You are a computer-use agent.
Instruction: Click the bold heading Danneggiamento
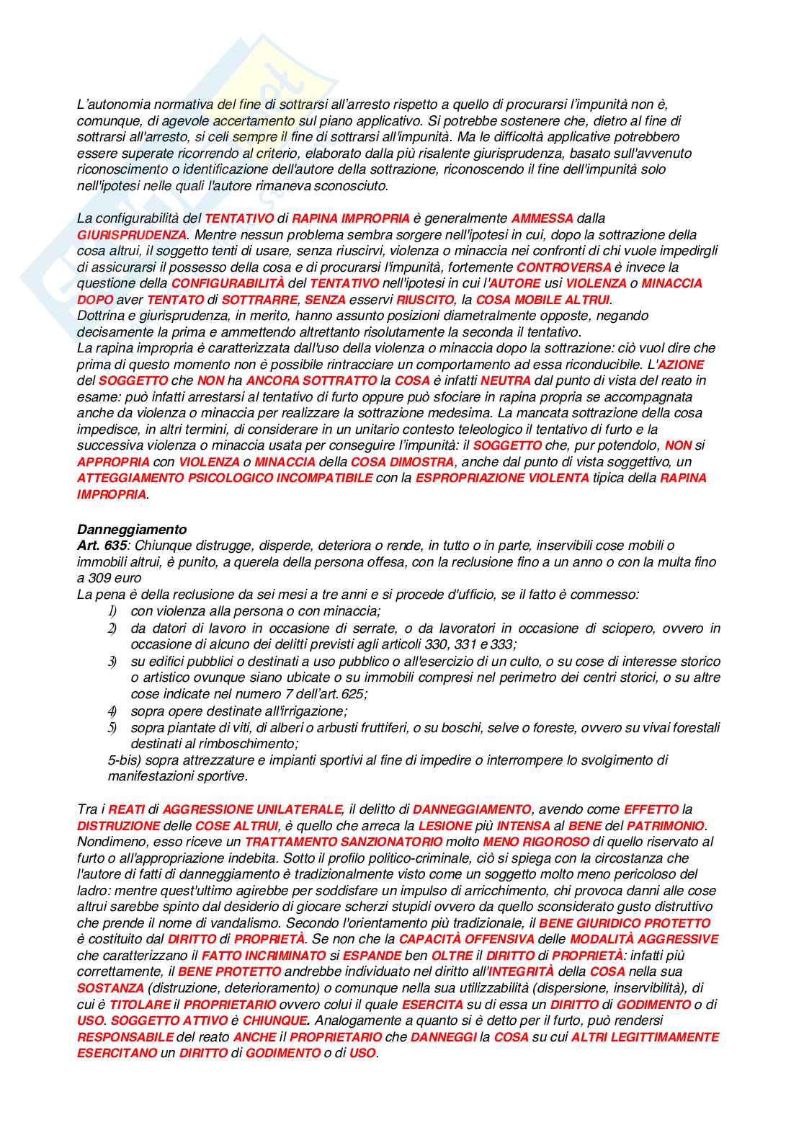pos(131,530)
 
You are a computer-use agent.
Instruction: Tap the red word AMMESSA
pos(542,218)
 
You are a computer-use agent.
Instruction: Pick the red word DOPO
pos(95,300)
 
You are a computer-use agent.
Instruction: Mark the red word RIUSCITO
pos(426,300)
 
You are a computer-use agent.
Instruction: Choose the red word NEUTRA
pos(506,381)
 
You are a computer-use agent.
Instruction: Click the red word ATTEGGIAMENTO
pos(129,478)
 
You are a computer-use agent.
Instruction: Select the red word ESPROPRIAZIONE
pos(463,478)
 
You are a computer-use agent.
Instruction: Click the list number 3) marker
pos(112,662)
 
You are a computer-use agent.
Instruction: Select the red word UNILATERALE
pos(295,809)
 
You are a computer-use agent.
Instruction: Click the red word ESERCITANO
pos(117,1053)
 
